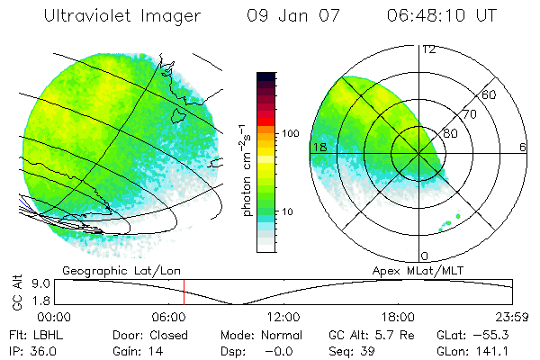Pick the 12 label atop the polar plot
tap(428, 49)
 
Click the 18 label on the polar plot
tap(318, 147)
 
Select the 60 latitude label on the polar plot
tap(490, 94)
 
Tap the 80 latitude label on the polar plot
tap(450, 133)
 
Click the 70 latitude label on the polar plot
tap(469, 114)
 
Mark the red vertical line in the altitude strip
tap(184, 292)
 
